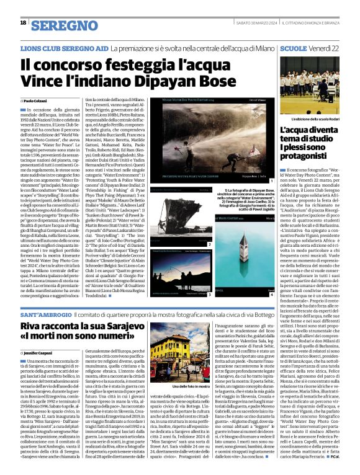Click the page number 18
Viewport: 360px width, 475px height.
tap(23, 23)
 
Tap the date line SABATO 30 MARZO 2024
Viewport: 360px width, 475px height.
tap(248, 23)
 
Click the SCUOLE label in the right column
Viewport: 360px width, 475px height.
tap(293, 47)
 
